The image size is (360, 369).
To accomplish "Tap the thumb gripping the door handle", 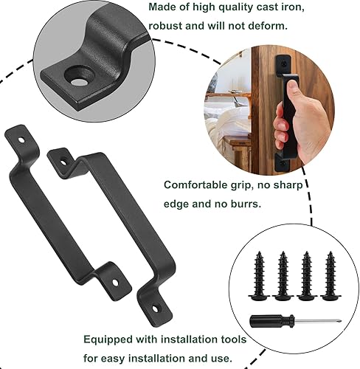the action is [292, 90].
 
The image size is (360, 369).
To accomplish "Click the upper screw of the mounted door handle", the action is [284, 63].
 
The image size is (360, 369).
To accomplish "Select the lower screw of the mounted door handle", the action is [283, 163].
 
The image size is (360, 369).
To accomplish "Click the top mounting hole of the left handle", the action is [21, 140].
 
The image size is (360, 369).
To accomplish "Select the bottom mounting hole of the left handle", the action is [115, 283].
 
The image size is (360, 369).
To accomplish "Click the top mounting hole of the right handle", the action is [63, 162].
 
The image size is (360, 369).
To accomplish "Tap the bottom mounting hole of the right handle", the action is [155, 309].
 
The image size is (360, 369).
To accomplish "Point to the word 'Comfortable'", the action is [195, 185].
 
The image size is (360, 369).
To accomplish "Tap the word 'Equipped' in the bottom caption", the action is [108, 340].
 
